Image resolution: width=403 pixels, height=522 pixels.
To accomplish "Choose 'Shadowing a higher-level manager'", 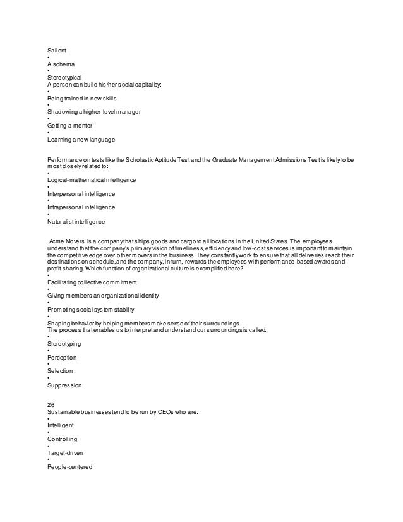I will coord(94,111).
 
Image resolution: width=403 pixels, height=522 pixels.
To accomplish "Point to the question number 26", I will coord(52,404).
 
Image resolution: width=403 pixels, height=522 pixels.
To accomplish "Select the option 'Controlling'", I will coord(64,439).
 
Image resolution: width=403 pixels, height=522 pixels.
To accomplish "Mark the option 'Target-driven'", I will coord(66,453).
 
